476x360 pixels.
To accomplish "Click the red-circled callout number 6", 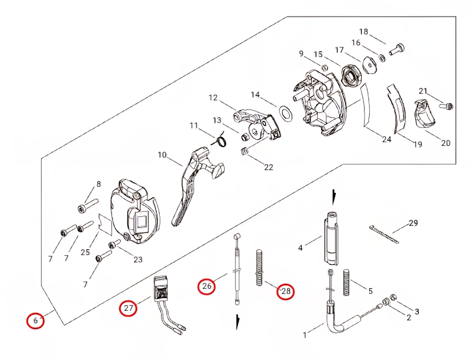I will tap(35, 320).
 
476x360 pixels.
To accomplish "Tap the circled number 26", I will tap(207, 287).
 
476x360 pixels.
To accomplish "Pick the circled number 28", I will tap(286, 291).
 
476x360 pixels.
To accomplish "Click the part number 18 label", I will tap(363, 31).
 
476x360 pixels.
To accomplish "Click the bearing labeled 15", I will tap(349, 74).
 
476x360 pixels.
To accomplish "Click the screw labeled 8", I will tap(88, 204).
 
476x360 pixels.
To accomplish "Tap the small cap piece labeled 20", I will tap(424, 116).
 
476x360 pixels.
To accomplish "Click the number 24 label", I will tap(387, 140).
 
